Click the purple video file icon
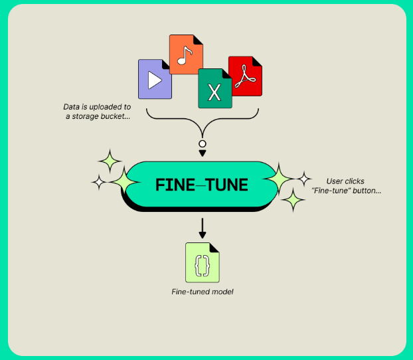coord(155,79)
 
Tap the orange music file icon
coord(186,54)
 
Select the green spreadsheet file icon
coord(215,88)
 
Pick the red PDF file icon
coord(245,76)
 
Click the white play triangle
coord(155,80)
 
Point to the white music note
coord(185,55)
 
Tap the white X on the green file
coord(214,92)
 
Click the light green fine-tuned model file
coord(203,262)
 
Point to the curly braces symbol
coord(203,266)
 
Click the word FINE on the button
coord(175,185)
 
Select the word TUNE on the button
coord(226,185)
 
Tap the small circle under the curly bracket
coord(203,143)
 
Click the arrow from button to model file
coord(203,228)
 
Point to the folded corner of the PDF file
coord(257,61)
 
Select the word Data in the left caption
coord(72,107)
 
